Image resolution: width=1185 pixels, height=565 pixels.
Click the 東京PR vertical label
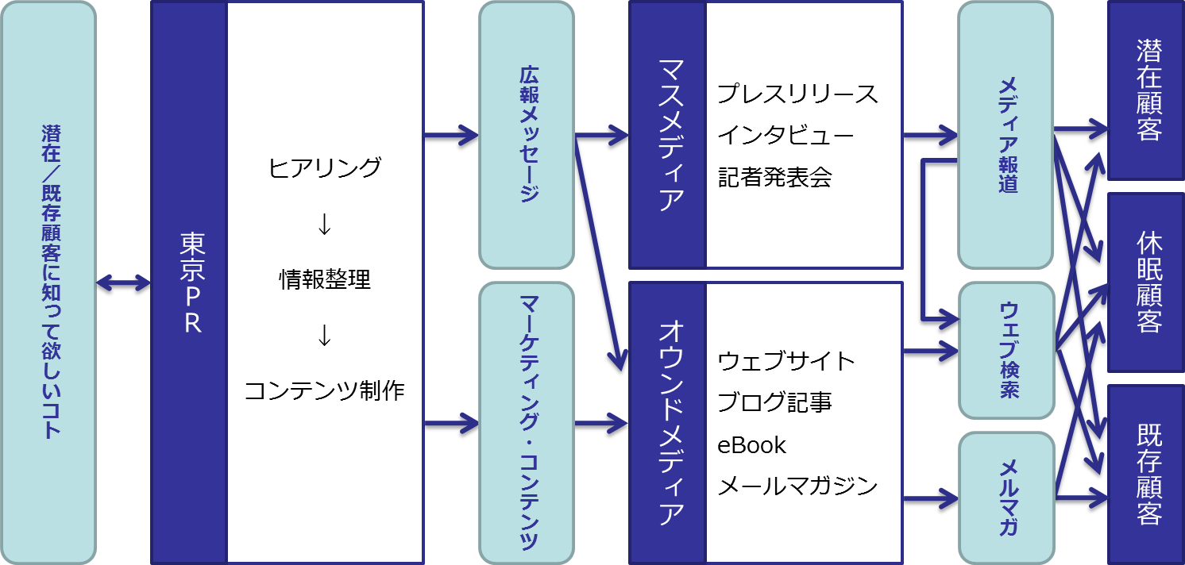pos(189,282)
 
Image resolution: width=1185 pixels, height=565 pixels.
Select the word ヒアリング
pos(325,168)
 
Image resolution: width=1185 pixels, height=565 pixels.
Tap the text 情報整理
pos(325,280)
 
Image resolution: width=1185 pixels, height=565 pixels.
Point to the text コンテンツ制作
pos(325,391)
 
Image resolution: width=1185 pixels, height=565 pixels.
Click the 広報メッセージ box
pos(526,135)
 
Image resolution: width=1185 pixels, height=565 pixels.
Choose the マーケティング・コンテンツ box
pos(526,423)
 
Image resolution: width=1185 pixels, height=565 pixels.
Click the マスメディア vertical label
pos(667,135)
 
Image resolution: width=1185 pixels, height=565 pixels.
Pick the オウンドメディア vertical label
pos(667,423)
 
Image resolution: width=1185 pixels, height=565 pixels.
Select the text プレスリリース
pos(797,94)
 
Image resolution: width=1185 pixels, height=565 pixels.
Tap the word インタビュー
pos(785,135)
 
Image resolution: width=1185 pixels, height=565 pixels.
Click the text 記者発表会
pos(774,177)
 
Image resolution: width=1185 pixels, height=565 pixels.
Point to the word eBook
pos(751,445)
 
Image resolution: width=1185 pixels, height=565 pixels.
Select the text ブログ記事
pos(774,403)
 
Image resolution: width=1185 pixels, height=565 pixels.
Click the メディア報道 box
pos(1006,135)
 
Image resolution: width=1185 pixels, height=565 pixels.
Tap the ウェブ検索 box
pos(1006,350)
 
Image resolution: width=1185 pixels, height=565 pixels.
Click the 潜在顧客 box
pos(1146,90)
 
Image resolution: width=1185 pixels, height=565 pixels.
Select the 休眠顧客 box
pos(1146,282)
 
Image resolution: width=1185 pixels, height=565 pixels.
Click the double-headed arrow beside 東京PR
pos(123,282)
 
